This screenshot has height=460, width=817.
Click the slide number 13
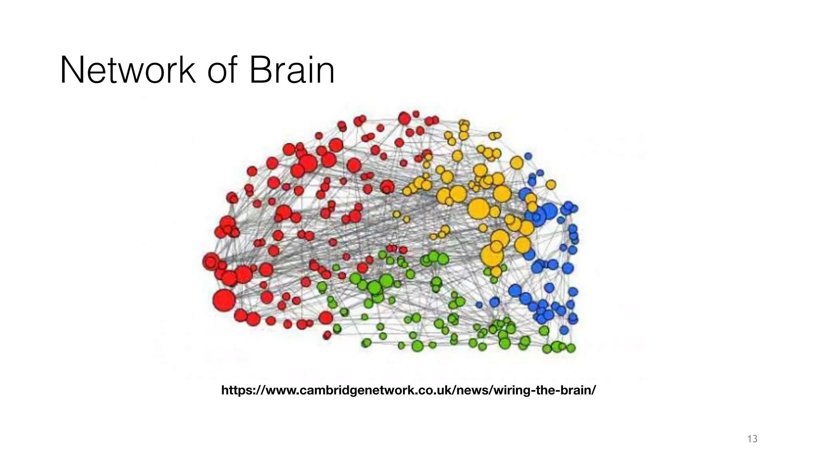752,439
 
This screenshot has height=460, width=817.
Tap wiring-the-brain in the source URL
545,390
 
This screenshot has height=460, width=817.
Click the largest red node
224,300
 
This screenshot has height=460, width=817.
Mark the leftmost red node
210,261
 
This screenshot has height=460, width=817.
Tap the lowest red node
327,335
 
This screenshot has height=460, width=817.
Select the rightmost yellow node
551,184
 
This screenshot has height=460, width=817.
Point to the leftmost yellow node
396,214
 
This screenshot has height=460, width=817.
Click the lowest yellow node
496,272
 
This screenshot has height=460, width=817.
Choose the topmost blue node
528,156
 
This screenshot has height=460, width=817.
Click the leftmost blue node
479,305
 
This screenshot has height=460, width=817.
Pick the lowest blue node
564,330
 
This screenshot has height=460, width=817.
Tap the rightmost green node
571,348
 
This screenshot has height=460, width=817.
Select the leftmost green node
322,287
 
